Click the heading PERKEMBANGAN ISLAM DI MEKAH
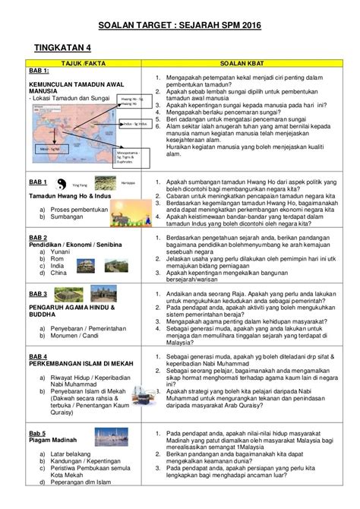pos(75,360)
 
